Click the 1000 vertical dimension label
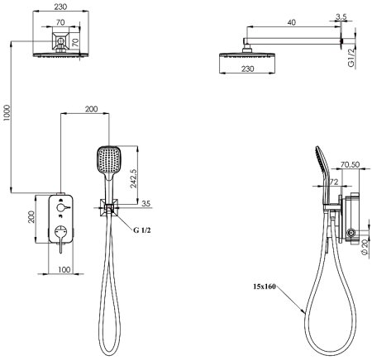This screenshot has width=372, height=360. [7, 112]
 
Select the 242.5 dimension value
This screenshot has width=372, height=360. [133, 178]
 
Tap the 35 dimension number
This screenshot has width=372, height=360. [145, 203]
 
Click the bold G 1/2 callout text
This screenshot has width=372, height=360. [142, 230]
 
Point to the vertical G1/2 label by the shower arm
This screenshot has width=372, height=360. [351, 58]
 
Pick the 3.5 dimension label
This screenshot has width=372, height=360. [341, 17]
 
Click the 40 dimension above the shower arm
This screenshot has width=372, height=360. [291, 22]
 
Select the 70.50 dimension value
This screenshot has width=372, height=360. [350, 164]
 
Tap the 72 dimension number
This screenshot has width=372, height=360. [334, 182]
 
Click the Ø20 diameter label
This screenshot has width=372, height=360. [365, 247]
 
